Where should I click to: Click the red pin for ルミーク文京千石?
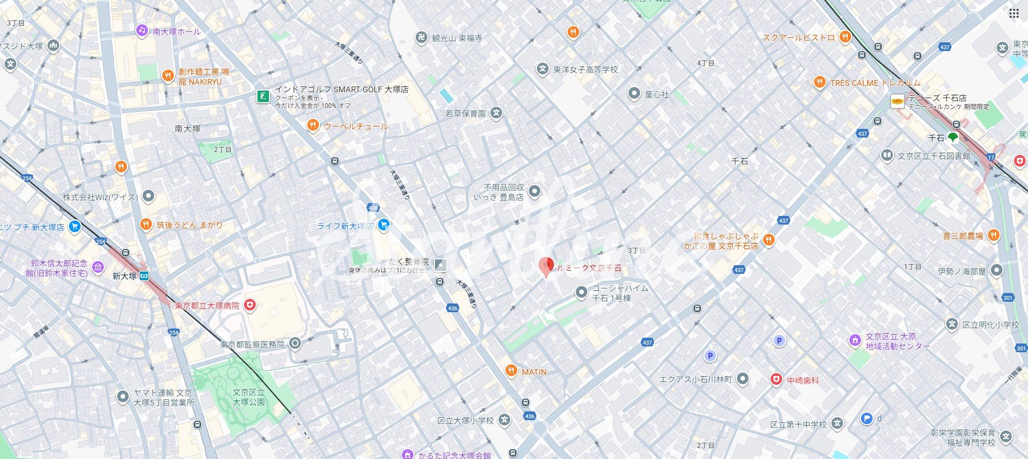point(546,267)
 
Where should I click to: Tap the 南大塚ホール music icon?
point(142,31)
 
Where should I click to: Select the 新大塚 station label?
point(125,276)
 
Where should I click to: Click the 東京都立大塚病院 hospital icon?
point(250,305)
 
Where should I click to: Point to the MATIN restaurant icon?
point(511,371)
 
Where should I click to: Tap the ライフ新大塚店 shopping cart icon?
point(383,225)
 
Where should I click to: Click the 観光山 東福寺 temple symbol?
point(422,38)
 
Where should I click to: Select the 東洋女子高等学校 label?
point(586,70)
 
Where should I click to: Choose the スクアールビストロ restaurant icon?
point(845,37)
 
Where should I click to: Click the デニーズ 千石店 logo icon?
point(898,102)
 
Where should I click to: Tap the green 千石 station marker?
point(953,138)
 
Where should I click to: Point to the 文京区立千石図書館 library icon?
point(887,156)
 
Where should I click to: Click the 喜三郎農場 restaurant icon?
point(993,236)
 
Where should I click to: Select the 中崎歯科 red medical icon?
point(776,380)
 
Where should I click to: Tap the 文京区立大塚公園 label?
point(249,397)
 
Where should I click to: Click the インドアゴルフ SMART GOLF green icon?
point(264,96)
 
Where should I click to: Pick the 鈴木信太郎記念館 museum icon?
point(98,268)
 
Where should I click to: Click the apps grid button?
point(1014,13)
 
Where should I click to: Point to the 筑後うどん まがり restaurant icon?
point(146,225)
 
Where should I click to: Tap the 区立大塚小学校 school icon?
point(504,420)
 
